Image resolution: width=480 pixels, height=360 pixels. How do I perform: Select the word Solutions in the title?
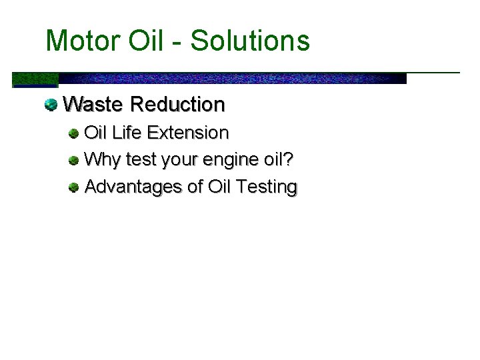point(250,41)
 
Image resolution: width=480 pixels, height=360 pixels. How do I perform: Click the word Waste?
point(93,105)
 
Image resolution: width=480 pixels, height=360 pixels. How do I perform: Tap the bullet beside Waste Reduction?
point(50,104)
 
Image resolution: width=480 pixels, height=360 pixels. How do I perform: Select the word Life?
point(127,133)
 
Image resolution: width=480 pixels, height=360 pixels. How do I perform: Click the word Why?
point(102,160)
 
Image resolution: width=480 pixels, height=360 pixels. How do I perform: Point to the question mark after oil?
point(289,159)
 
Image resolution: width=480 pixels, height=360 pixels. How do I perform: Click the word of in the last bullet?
point(195,187)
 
